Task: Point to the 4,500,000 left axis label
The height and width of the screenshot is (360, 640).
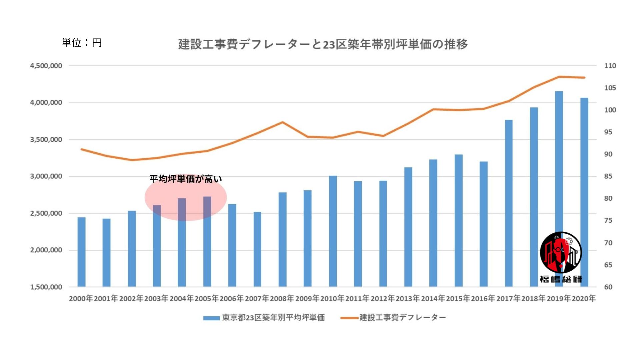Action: pyautogui.click(x=46, y=66)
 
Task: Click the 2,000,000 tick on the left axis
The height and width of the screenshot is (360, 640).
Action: pyautogui.click(x=46, y=250)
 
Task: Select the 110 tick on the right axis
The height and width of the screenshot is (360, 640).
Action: pyautogui.click(x=610, y=66)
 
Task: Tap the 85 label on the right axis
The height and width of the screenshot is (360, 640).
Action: pyautogui.click(x=608, y=176)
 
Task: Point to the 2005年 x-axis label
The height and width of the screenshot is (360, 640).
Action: pyautogui.click(x=207, y=299)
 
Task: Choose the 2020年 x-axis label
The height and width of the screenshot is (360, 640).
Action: pyautogui.click(x=584, y=299)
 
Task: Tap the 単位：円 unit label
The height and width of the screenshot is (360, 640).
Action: pyautogui.click(x=82, y=43)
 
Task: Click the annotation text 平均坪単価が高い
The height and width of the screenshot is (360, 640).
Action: pyautogui.click(x=185, y=179)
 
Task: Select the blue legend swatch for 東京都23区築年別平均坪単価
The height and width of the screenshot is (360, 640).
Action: pyautogui.click(x=211, y=318)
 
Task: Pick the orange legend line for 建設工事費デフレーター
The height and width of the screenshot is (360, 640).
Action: pyautogui.click(x=349, y=318)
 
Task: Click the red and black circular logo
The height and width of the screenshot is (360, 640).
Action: pyautogui.click(x=561, y=253)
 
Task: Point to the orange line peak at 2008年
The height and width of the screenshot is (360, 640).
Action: pyautogui.click(x=282, y=122)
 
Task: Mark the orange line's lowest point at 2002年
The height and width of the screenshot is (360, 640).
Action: pyautogui.click(x=132, y=160)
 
